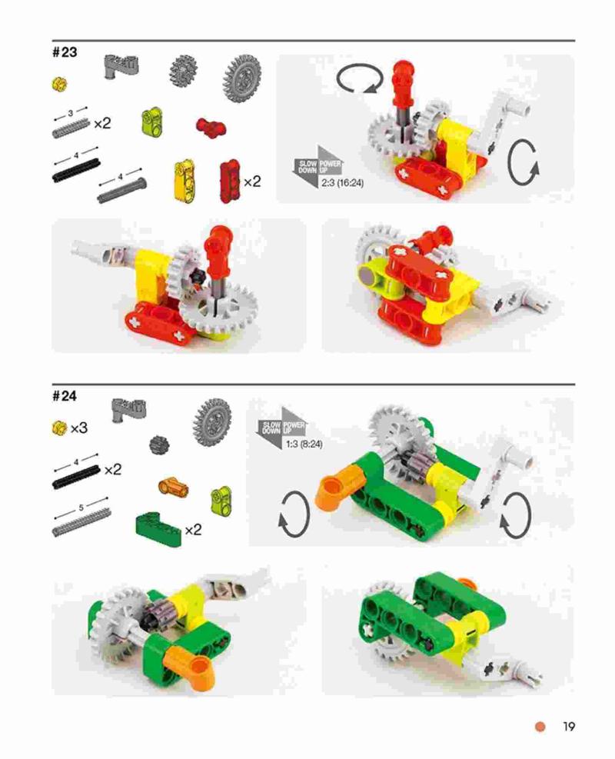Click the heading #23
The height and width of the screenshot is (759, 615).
pos(65,52)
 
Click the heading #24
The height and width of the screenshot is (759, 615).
pos(65,396)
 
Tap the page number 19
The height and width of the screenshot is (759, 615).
pos(569,727)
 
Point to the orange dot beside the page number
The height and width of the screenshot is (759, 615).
pos(540,727)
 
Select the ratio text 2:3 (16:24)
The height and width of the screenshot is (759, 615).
pos(342,183)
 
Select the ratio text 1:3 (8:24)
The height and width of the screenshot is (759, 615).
pos(304,444)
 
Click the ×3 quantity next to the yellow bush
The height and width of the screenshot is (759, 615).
pos(79,428)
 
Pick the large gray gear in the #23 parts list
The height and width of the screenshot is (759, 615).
pos(242,78)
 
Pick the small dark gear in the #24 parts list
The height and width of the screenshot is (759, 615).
pos(157,444)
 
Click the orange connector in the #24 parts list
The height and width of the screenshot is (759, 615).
pos(173,486)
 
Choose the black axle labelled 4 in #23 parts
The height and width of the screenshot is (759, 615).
pos(76,171)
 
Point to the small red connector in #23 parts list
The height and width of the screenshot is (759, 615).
pos(211,127)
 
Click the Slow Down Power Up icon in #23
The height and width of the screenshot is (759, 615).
pos(317,168)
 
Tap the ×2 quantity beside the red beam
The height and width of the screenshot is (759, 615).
pos(252,181)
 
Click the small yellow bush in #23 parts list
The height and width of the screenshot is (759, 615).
pos(59,85)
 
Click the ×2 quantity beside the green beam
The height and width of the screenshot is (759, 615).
pos(193,530)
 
